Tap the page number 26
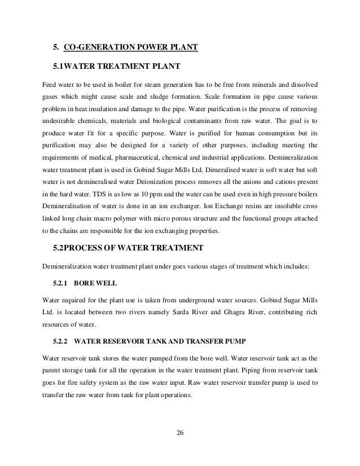179,433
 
